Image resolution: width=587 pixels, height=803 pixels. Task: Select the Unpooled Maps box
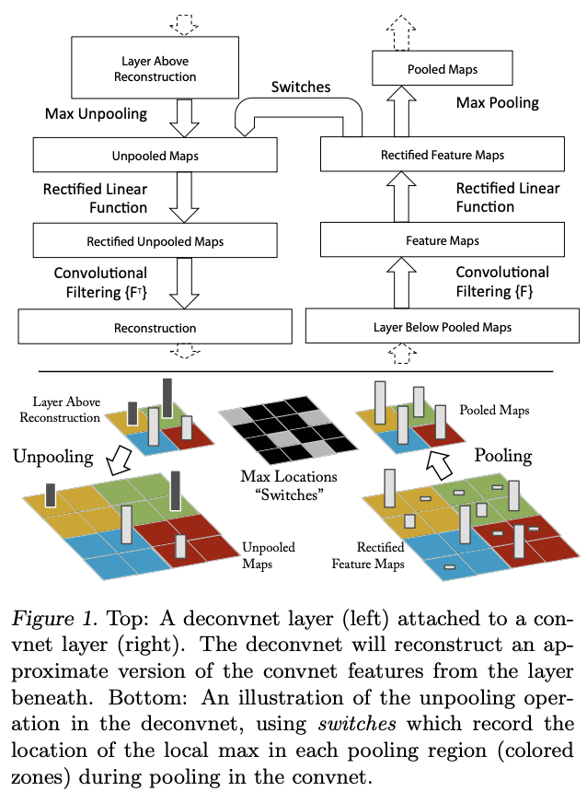(x=155, y=156)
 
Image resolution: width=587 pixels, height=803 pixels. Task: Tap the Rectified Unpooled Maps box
(x=155, y=242)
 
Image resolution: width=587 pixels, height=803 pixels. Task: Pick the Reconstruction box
(x=155, y=327)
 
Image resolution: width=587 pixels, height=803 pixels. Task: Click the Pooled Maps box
(x=442, y=69)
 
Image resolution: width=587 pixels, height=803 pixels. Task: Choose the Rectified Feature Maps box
(x=442, y=155)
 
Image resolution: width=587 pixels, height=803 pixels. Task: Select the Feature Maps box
(x=442, y=240)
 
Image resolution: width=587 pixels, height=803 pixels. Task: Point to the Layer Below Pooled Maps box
(x=442, y=326)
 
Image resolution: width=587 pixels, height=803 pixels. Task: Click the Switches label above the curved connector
(x=301, y=88)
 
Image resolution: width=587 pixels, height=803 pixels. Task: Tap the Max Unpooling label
(x=96, y=114)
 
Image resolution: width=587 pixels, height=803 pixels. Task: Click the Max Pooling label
(x=497, y=101)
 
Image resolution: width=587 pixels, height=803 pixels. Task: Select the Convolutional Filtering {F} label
(x=502, y=281)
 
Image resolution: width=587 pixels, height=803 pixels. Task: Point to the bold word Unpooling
(x=53, y=456)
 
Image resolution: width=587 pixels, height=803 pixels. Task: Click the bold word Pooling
(x=503, y=455)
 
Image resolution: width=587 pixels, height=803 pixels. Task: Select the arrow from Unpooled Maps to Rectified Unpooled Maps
(x=185, y=198)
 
